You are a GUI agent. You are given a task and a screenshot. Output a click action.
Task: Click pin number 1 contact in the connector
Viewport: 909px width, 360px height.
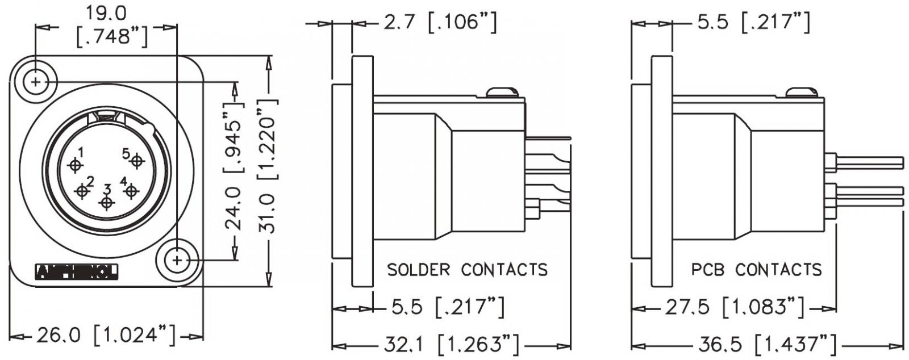tap(75, 165)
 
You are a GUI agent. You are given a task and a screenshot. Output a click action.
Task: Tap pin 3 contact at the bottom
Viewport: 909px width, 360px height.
tap(106, 202)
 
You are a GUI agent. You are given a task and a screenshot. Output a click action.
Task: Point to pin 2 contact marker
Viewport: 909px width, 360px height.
tap(83, 192)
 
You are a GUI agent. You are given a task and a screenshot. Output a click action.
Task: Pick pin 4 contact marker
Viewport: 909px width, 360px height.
tap(131, 191)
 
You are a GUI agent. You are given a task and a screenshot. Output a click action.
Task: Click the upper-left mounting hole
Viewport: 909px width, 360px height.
tap(36, 82)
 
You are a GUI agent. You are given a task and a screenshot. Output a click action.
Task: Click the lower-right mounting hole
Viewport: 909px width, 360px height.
tap(178, 260)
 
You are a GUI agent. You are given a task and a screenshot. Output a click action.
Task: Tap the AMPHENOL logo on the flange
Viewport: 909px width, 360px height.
tap(77, 273)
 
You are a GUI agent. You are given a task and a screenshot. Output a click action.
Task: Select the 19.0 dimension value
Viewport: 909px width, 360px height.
tap(107, 12)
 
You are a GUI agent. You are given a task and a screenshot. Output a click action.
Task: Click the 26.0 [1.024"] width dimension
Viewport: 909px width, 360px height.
tap(106, 336)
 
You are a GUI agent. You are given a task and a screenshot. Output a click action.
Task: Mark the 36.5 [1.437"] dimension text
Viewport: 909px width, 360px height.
tap(767, 345)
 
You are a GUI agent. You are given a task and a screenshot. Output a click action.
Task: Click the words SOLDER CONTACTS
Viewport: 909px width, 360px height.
tap(467, 269)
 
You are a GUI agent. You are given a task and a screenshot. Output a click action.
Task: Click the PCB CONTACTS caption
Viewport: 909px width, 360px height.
tap(756, 269)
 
